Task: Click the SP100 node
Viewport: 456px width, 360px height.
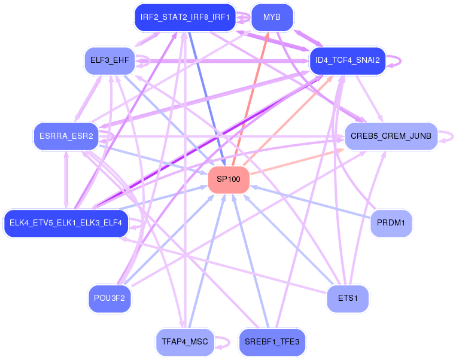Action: pos(229,179)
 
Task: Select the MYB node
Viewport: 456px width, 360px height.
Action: pos(272,17)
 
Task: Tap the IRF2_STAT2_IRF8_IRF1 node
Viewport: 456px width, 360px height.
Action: pos(185,17)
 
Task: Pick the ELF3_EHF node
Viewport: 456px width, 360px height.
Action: pos(110,60)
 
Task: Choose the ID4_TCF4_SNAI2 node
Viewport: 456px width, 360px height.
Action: pos(348,60)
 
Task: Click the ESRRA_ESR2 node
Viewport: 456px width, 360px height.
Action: pos(66,136)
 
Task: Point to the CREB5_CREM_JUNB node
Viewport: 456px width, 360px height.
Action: pos(391,136)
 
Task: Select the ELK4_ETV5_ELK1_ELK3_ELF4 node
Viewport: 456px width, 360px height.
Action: pos(66,223)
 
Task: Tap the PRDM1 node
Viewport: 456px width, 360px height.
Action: pos(391,223)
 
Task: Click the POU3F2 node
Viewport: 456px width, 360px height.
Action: pos(110,298)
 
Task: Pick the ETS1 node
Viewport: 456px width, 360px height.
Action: pos(348,298)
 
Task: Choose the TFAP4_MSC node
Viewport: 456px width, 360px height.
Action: pos(185,342)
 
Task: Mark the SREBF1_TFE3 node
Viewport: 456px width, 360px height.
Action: pos(272,342)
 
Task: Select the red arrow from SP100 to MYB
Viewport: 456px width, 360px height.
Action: pos(250,99)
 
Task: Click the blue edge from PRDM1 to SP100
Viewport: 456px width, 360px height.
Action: pos(311,202)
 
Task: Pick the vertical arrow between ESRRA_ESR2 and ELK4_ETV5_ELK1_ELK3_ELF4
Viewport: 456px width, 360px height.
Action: pos(66,180)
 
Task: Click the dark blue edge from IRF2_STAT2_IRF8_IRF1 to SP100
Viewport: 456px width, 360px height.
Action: pos(207,99)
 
